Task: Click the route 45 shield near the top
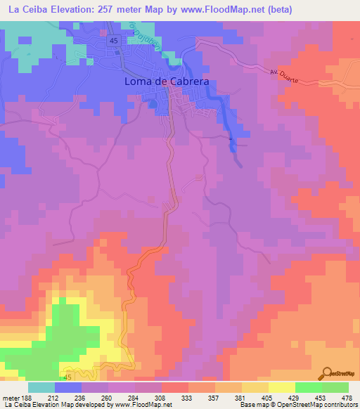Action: [x=115, y=43]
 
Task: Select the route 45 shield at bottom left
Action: [x=67, y=378]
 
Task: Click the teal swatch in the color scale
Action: [x=41, y=387]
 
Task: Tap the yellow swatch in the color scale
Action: [x=282, y=387]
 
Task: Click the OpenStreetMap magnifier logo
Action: [x=327, y=373]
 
